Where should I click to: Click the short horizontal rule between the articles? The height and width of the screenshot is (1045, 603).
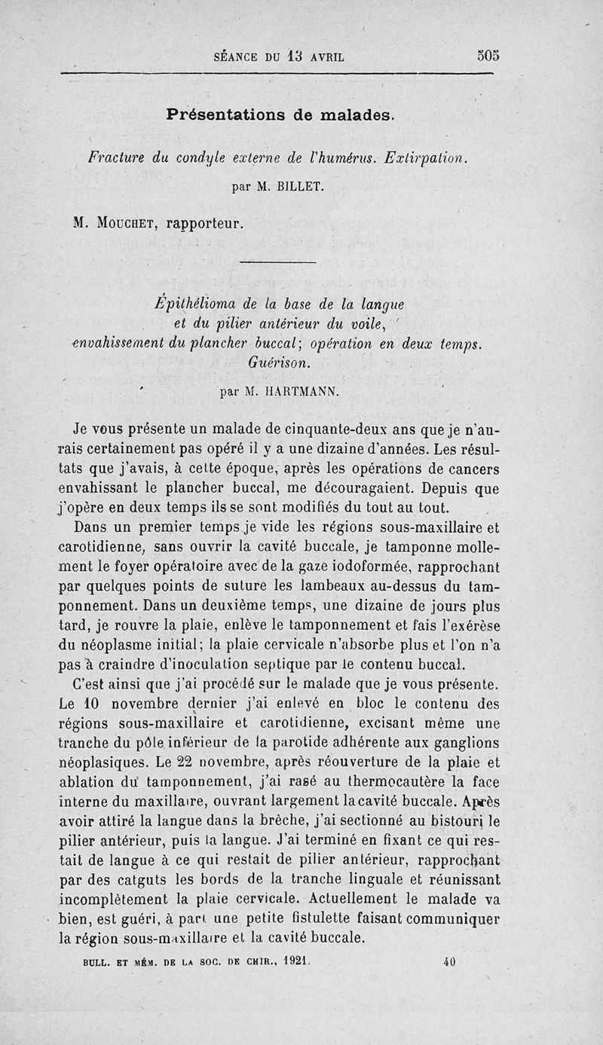point(277,262)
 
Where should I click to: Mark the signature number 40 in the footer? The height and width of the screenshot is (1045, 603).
point(450,961)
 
